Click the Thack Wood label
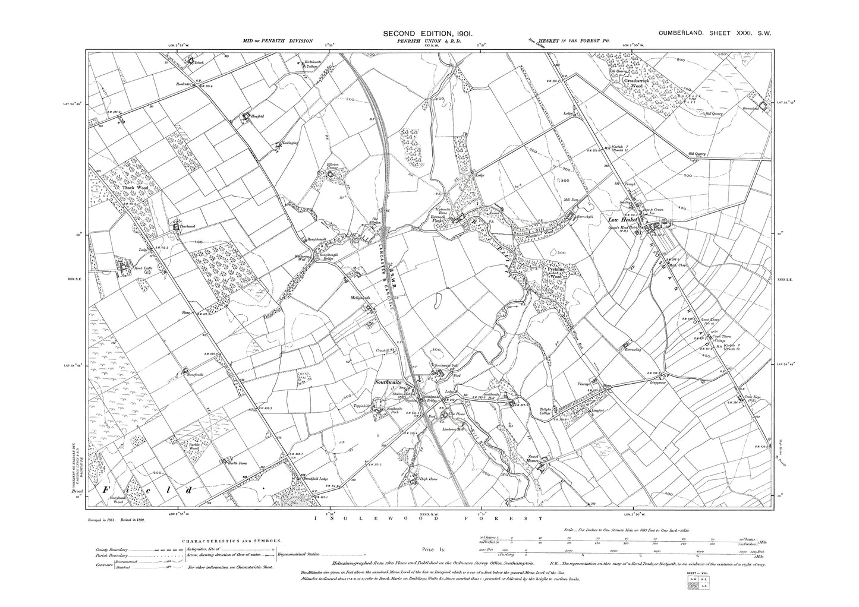134,188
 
